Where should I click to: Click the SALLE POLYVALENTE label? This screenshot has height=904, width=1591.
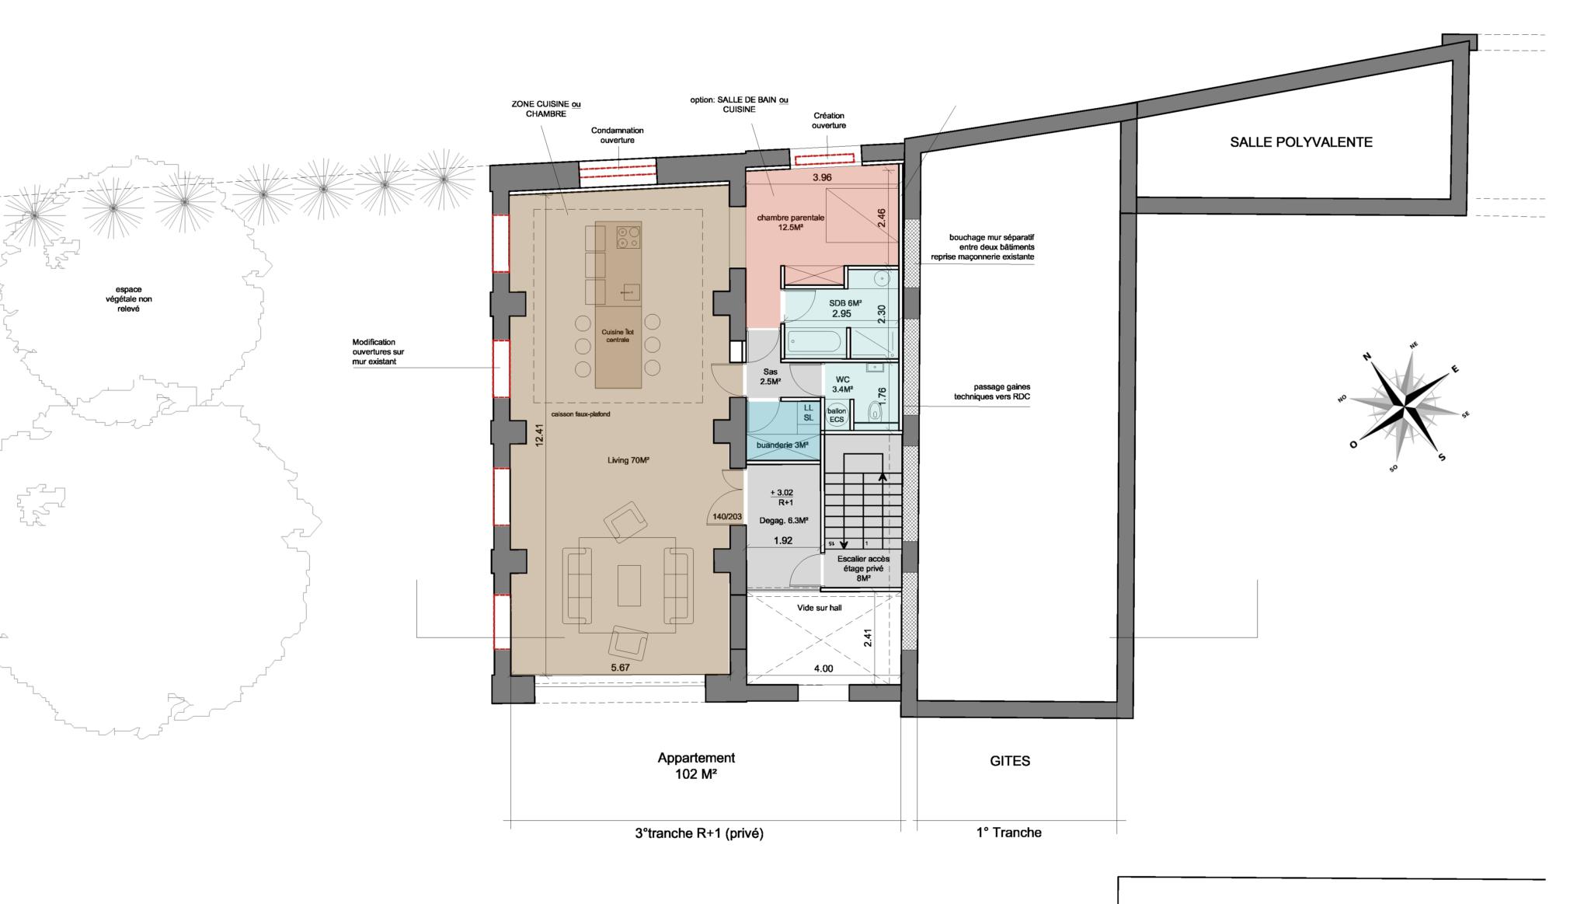pyautogui.click(x=1301, y=142)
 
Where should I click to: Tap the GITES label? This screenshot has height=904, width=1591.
pyautogui.click(x=1010, y=761)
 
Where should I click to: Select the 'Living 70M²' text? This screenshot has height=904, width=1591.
pyautogui.click(x=628, y=460)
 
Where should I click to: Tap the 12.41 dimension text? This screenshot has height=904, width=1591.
pyautogui.click(x=539, y=436)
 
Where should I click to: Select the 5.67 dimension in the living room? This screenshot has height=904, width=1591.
pyautogui.click(x=620, y=667)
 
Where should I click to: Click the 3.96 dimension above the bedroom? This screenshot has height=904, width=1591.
pyautogui.click(x=822, y=177)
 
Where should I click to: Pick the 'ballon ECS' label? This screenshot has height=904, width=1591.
pyautogui.click(x=837, y=415)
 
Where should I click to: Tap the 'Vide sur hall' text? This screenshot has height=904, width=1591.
pyautogui.click(x=819, y=608)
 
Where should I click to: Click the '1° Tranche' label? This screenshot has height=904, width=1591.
pyautogui.click(x=1008, y=832)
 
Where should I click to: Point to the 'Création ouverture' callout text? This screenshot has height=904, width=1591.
pyautogui.click(x=829, y=120)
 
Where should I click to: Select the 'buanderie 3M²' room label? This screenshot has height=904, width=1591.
pyautogui.click(x=783, y=445)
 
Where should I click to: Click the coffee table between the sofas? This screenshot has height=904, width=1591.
pyautogui.click(x=628, y=585)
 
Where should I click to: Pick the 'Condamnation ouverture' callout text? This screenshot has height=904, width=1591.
pyautogui.click(x=617, y=135)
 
